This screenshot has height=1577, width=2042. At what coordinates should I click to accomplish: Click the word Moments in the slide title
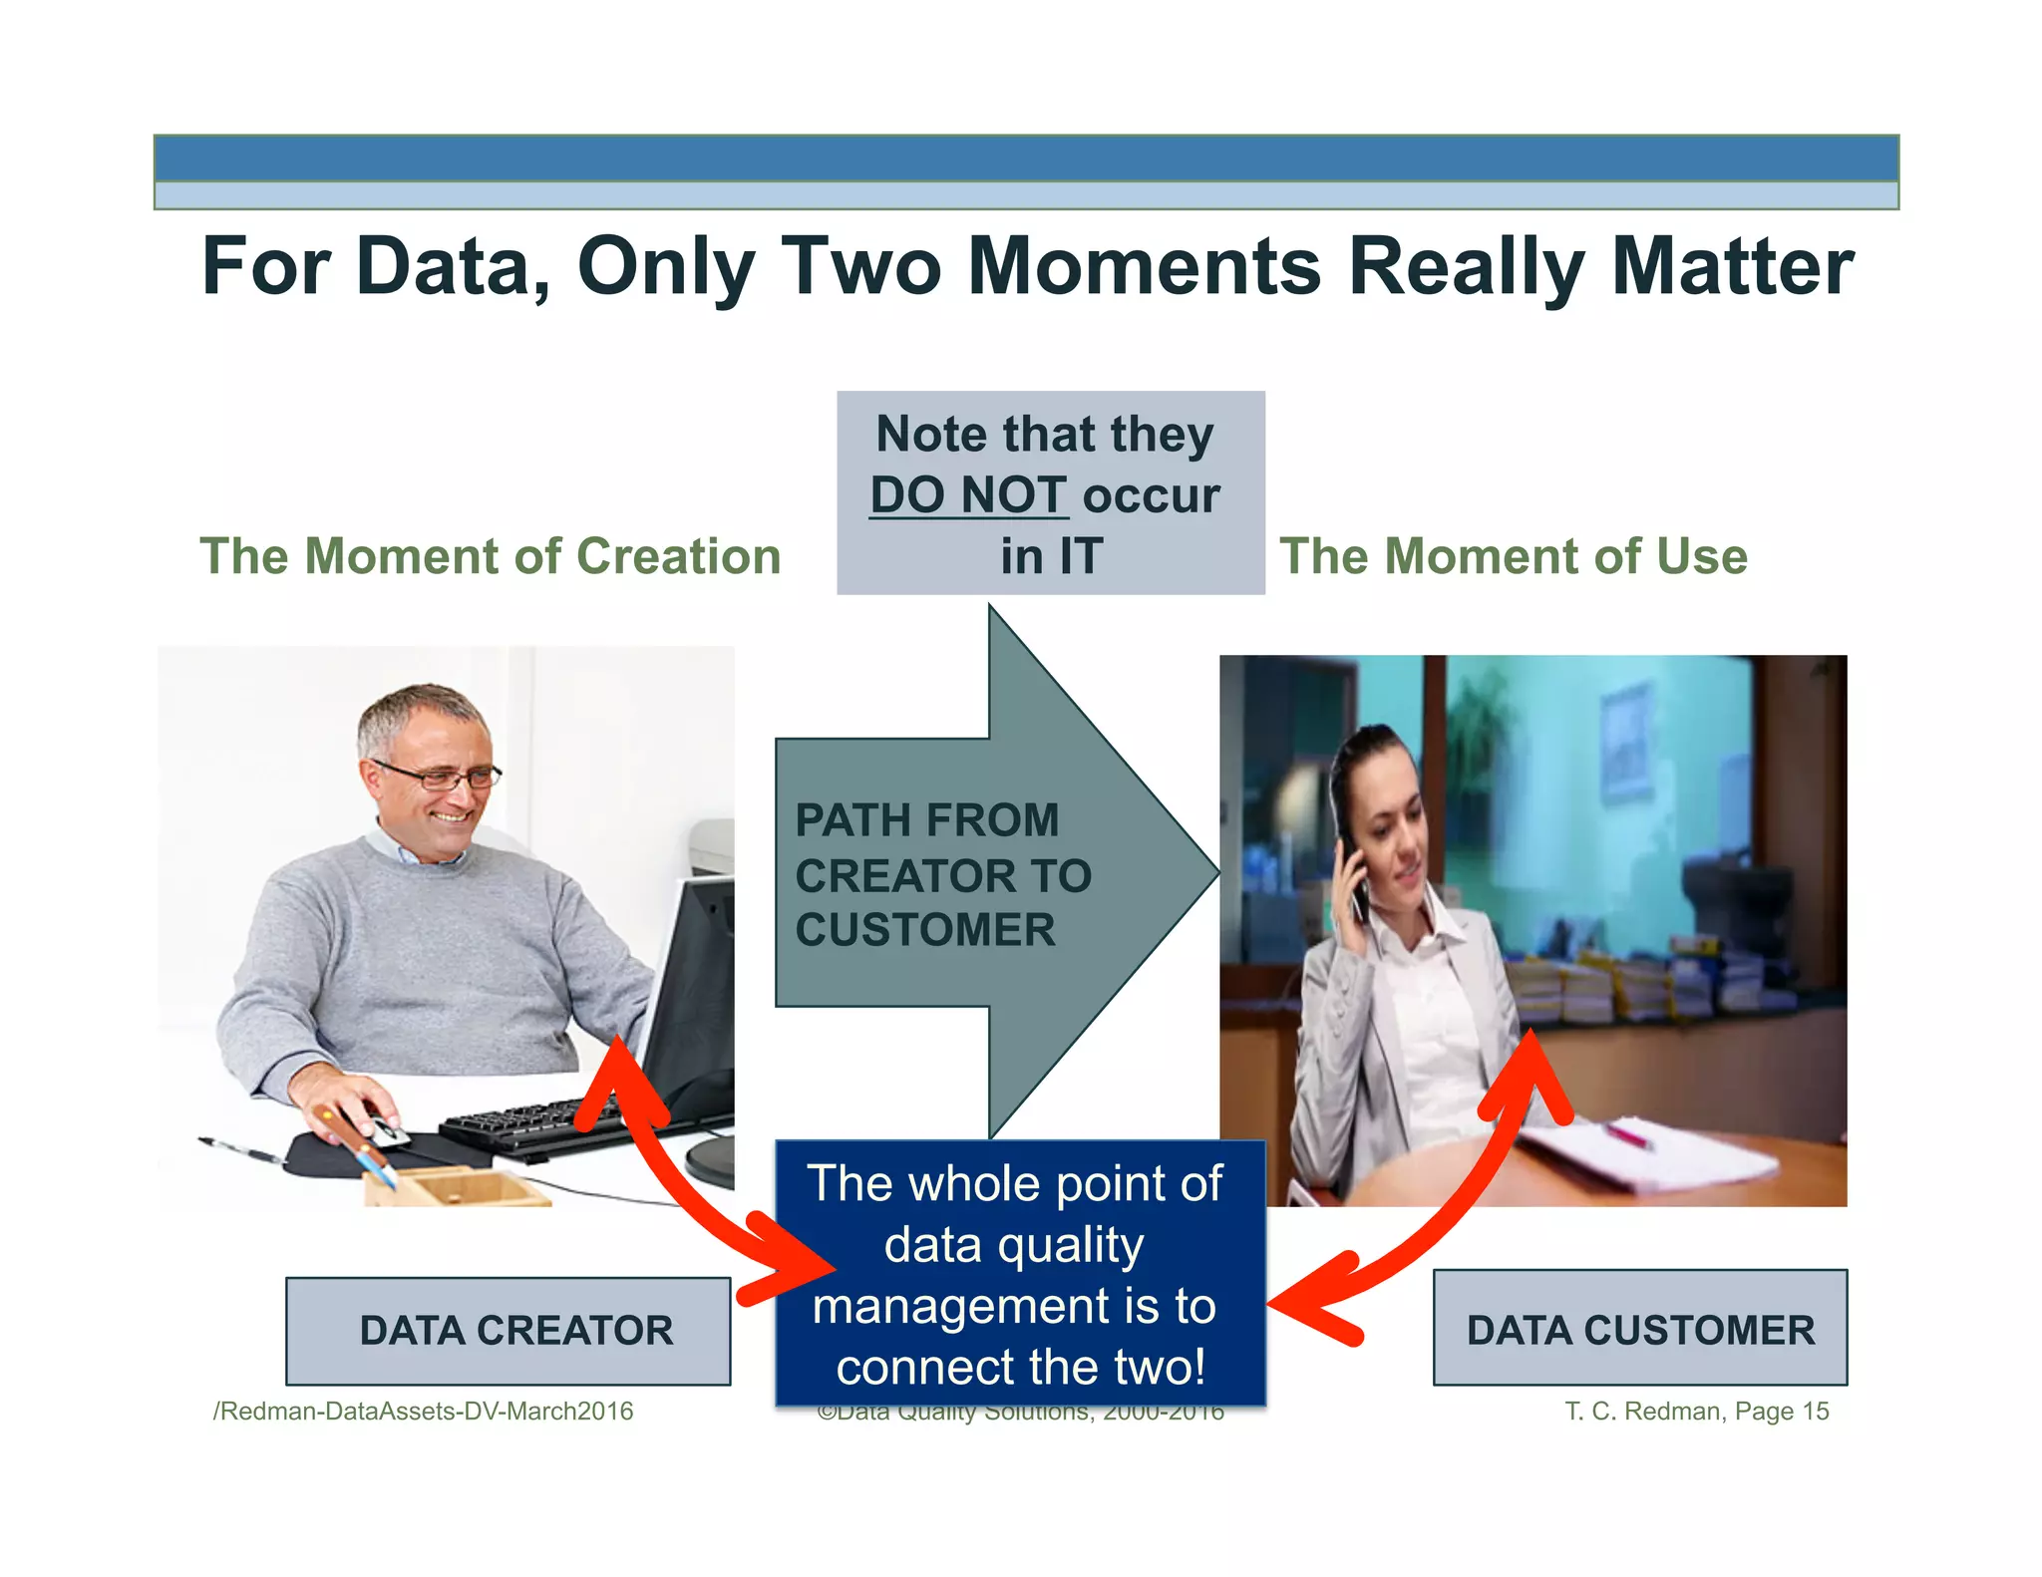(1144, 266)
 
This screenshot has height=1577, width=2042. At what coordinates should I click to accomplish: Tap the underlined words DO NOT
(967, 495)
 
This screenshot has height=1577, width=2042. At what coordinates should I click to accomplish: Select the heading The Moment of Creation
(490, 556)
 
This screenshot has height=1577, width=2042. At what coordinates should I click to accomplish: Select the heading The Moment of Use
(1513, 556)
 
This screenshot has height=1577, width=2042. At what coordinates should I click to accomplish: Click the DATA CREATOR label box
(508, 1331)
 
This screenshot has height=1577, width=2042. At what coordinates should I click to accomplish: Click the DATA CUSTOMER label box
(1639, 1329)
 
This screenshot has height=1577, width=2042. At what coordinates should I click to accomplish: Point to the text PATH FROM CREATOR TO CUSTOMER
(942, 875)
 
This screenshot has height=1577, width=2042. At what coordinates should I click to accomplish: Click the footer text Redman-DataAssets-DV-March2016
(424, 1411)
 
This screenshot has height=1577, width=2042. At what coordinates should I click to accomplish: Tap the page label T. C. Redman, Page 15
(1696, 1411)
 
